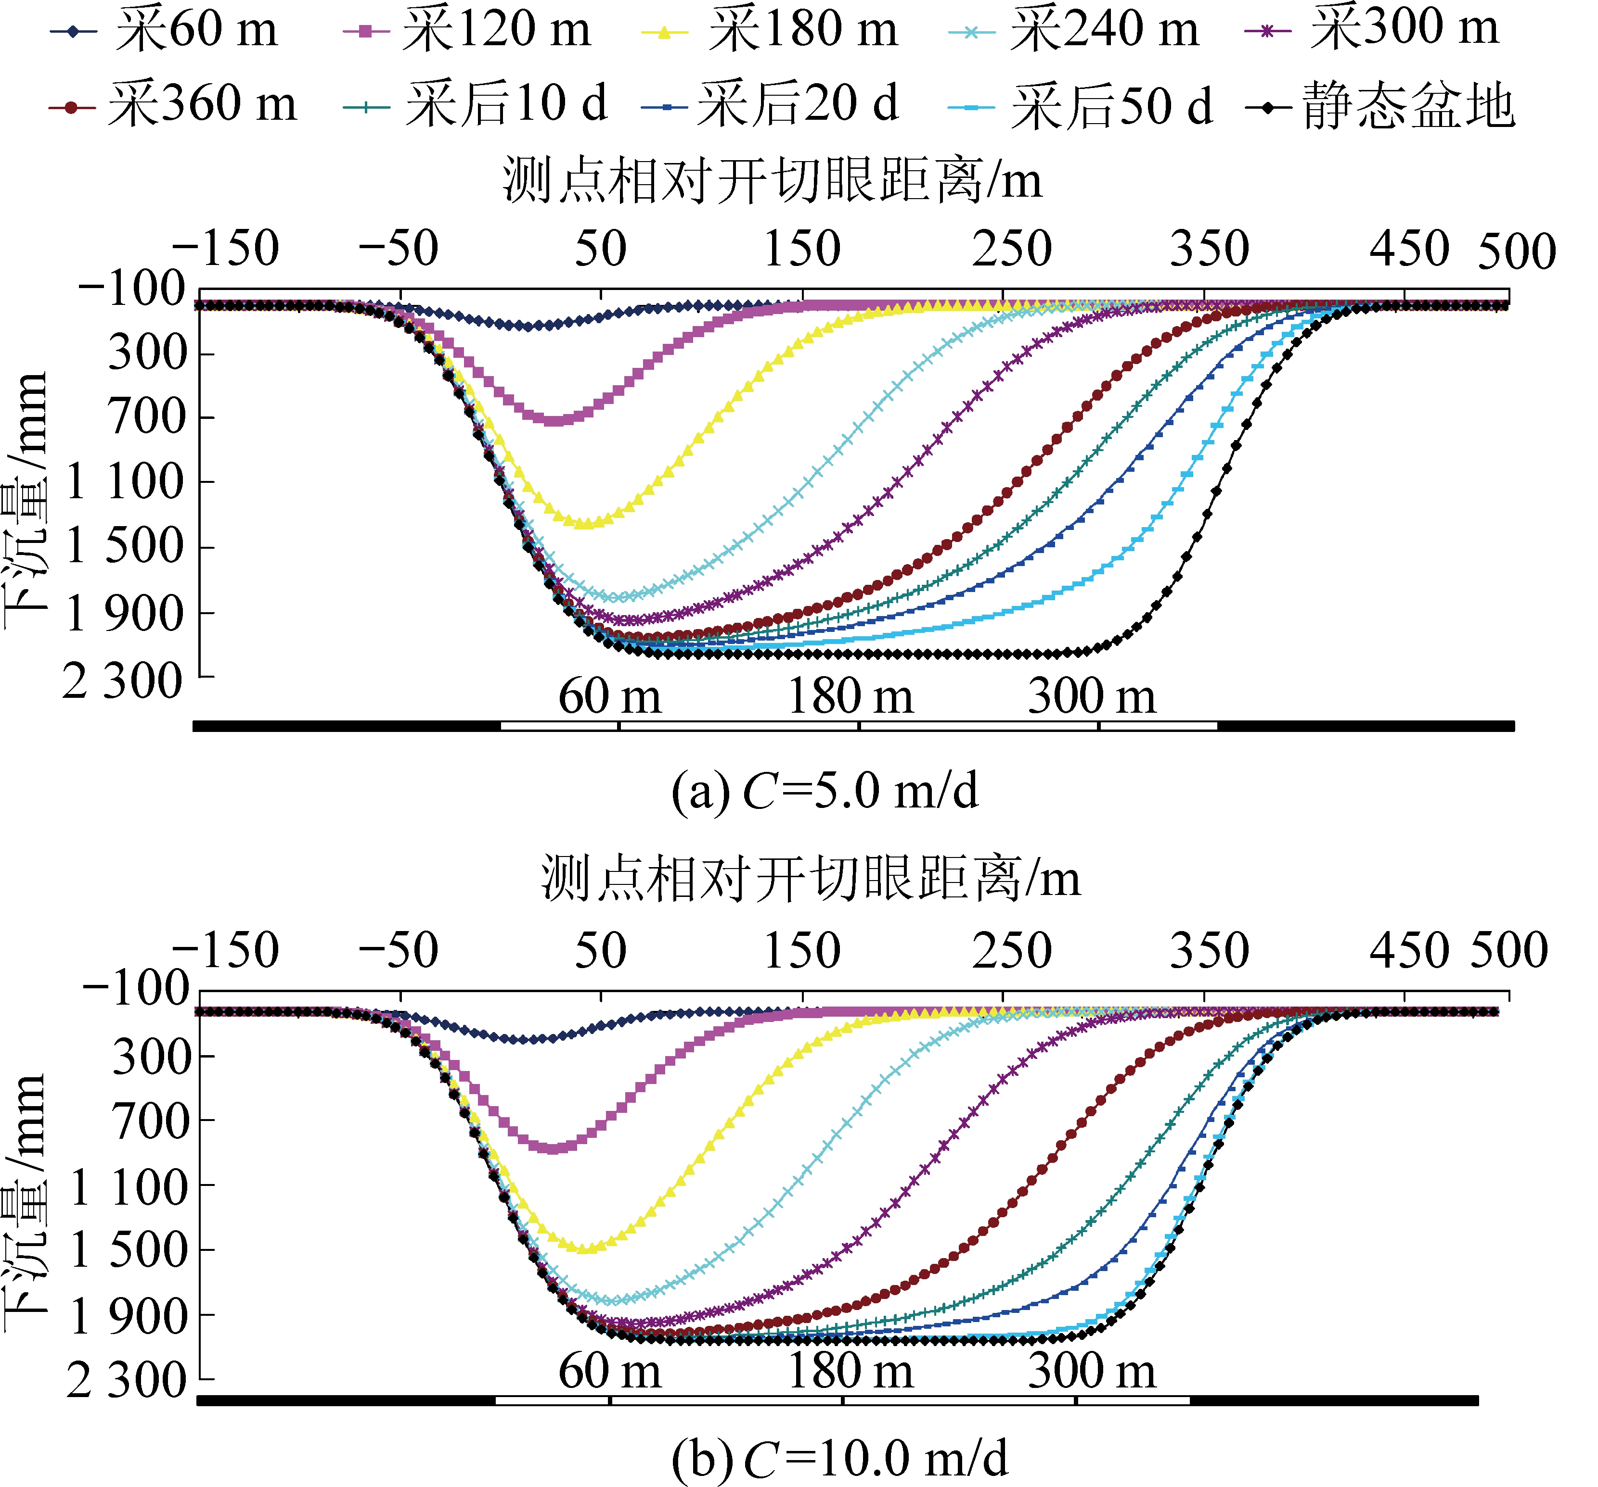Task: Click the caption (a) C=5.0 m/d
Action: click(824, 791)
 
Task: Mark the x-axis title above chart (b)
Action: click(810, 878)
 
